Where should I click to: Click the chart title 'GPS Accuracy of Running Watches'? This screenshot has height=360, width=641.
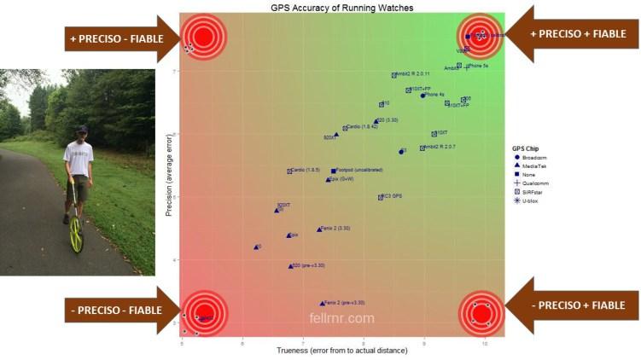coord(341,7)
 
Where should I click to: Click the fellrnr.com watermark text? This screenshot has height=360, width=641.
coord(341,319)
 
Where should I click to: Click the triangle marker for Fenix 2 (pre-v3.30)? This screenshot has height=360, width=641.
coord(323,303)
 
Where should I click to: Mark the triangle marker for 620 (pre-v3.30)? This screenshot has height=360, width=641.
coord(290,266)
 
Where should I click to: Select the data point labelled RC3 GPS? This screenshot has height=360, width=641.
coord(381,197)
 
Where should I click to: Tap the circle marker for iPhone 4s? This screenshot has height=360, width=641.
coord(422,96)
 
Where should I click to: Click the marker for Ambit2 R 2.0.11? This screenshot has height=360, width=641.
coord(394,75)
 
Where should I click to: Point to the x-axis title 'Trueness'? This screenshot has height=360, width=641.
coord(341,351)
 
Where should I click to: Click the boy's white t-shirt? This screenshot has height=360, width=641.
coord(79,158)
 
